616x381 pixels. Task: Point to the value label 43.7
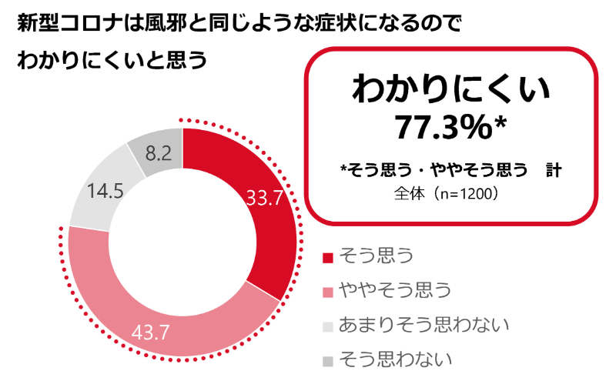click(x=151, y=333)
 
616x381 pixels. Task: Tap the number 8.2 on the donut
click(x=158, y=152)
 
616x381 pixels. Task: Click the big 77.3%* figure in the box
click(x=450, y=127)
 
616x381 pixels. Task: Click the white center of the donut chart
click(x=182, y=243)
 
